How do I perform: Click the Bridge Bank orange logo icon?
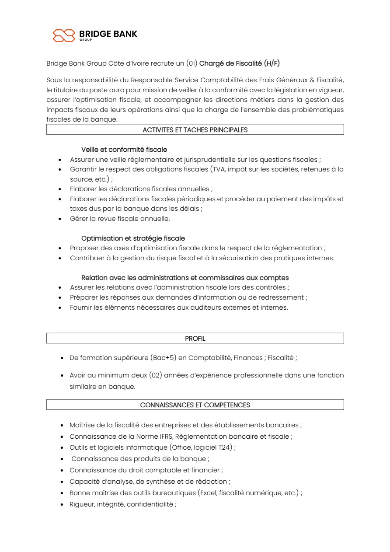[64, 35]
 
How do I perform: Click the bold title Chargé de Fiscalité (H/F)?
[240, 63]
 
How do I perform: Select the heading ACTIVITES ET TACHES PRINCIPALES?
[195, 129]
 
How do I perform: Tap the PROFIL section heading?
[195, 338]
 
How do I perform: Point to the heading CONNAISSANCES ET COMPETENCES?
[195, 405]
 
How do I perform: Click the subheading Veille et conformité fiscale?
[124, 150]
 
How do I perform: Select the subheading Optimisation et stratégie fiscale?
[133, 238]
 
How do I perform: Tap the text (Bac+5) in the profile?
[163, 358]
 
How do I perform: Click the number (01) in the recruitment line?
[192, 63]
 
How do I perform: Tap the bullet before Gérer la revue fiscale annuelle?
[60, 219]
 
